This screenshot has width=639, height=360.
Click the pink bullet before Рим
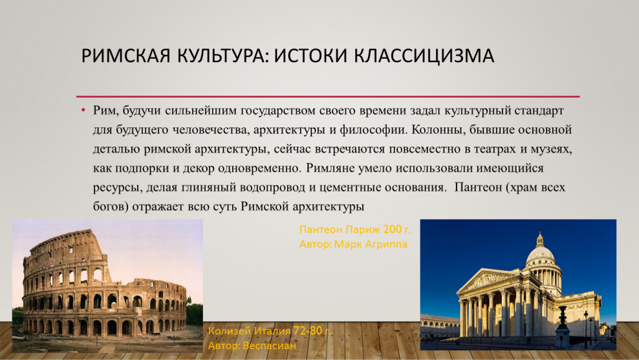[83, 111]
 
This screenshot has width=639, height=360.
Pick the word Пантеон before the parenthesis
[479, 188]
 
